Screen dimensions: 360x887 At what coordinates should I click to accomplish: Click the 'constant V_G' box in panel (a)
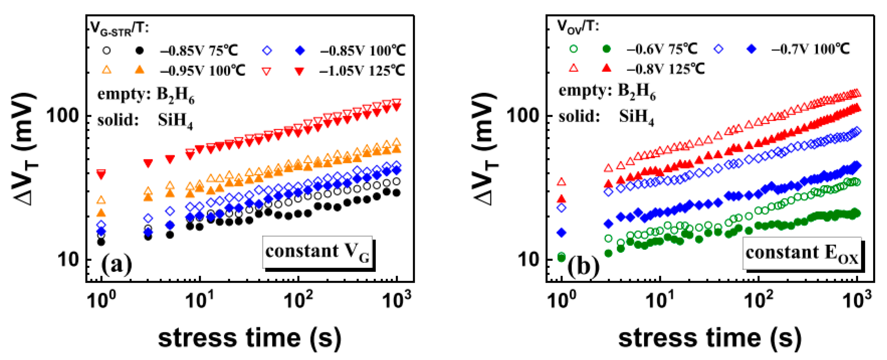pyautogui.click(x=317, y=252)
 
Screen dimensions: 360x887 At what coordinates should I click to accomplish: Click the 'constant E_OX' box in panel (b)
pyautogui.click(x=801, y=253)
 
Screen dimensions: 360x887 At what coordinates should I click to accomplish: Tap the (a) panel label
pyautogui.click(x=116, y=265)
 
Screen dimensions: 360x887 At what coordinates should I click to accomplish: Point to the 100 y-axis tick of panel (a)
pyautogui.click(x=63, y=115)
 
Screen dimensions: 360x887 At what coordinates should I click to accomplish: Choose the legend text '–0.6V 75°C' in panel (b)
pyautogui.click(x=661, y=49)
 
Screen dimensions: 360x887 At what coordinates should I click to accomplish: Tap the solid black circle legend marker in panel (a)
pyautogui.click(x=139, y=51)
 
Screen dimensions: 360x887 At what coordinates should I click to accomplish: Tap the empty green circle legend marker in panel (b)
pyautogui.click(x=573, y=49)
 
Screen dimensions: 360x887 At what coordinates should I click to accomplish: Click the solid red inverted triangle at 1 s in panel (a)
pyautogui.click(x=101, y=175)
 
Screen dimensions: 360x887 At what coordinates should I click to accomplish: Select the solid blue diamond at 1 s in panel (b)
pyautogui.click(x=562, y=233)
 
